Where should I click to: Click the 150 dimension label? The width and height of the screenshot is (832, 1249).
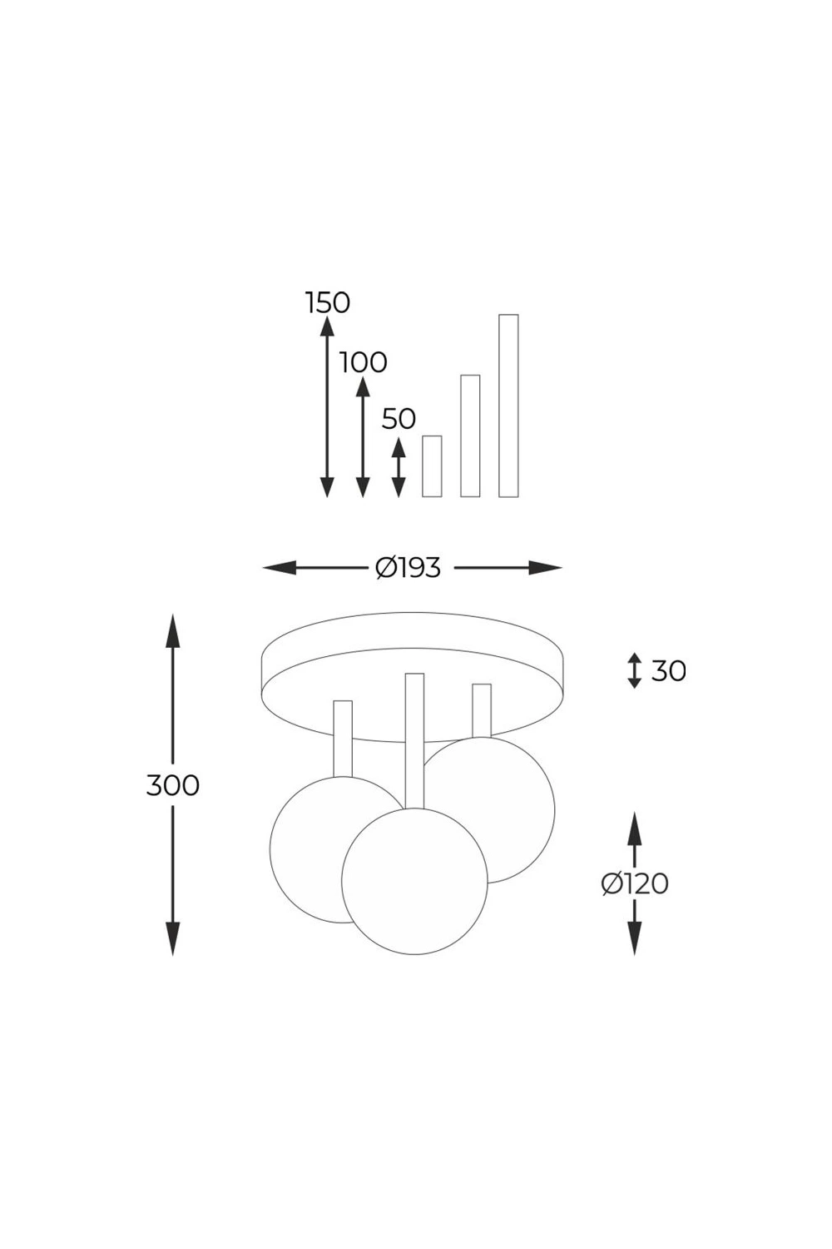click(328, 303)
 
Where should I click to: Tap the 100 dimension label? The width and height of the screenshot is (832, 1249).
click(364, 363)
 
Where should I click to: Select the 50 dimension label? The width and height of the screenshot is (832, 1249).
click(399, 420)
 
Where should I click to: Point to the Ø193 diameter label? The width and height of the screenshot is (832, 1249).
click(408, 568)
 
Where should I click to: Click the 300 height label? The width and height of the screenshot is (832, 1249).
click(173, 786)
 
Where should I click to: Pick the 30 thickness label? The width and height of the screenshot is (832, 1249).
click(669, 671)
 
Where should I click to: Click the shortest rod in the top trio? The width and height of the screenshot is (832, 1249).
click(432, 466)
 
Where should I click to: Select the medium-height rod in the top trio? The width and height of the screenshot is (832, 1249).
click(470, 435)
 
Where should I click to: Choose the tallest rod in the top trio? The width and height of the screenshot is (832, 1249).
click(508, 406)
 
